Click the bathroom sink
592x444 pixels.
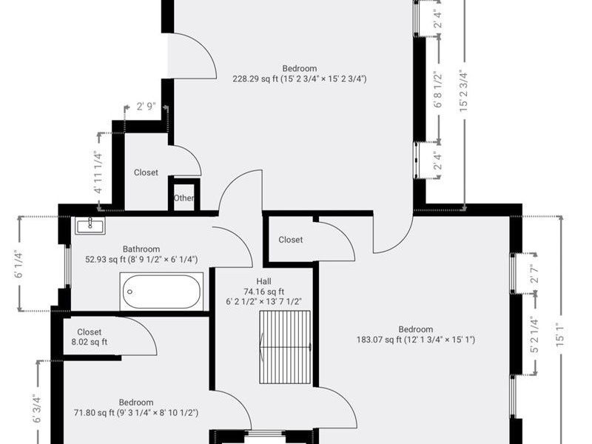coord(90,226)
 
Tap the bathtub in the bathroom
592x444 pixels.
coord(161,292)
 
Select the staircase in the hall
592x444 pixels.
coord(285,347)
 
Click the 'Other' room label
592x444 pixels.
coord(184,198)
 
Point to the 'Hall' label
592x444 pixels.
coord(263,281)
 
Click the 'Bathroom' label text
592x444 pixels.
coord(141,249)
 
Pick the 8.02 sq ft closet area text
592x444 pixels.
coord(90,342)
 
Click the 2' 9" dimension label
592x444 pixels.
coord(146,107)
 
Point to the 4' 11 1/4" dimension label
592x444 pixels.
coord(98,172)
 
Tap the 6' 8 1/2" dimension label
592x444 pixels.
coord(438,90)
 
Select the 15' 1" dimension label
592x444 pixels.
coord(560,334)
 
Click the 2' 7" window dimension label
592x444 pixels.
coord(534,275)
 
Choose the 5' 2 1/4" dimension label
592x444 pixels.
coord(534,334)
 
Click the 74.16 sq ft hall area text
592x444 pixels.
coord(264,292)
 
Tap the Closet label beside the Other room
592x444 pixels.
coord(146,172)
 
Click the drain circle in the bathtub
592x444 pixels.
coord(130,292)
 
